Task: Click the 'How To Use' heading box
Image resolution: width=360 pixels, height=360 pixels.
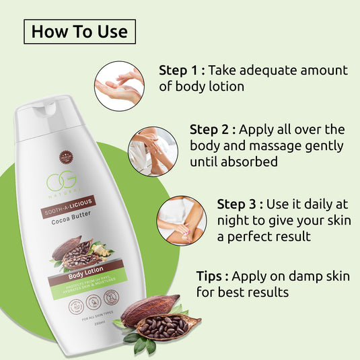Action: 80,31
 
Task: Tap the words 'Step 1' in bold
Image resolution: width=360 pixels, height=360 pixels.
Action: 178,71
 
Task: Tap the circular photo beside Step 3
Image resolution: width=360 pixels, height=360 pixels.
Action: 181,221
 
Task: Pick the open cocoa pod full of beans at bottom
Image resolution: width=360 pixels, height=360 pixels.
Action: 162,326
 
